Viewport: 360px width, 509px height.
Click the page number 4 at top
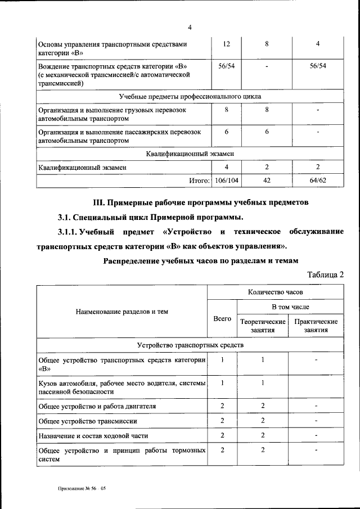[x=190, y=28]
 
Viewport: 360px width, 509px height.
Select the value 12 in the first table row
[x=226, y=44]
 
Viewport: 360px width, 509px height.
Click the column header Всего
[x=222, y=318]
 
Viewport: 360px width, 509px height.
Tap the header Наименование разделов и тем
[x=123, y=311]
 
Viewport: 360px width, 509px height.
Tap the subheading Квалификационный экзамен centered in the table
[x=190, y=153]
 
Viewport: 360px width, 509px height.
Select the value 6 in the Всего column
[x=226, y=131]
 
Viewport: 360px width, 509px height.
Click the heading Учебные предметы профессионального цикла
[x=190, y=97]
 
